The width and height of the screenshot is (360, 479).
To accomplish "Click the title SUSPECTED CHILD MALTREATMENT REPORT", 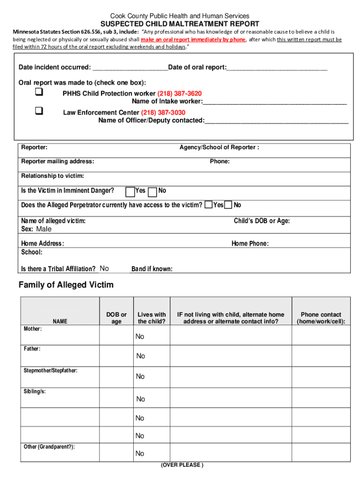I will tap(180, 24).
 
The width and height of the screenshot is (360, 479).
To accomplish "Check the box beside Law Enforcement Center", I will tap(39, 111).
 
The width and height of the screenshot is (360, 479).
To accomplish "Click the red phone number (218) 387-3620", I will tap(180, 94).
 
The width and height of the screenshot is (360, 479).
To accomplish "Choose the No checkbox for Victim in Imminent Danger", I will tap(152, 191).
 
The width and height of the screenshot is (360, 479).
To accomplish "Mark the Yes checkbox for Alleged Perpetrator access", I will tap(208, 205).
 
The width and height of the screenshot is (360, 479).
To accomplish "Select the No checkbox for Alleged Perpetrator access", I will tap(228, 205).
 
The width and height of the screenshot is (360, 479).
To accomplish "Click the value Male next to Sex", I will tap(44, 229).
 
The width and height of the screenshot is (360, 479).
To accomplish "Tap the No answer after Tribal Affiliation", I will tap(104, 269).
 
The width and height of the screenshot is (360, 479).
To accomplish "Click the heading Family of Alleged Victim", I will tap(66, 285).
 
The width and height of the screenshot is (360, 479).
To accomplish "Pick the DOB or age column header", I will tap(116, 318).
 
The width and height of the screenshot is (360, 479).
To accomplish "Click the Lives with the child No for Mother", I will tap(140, 337).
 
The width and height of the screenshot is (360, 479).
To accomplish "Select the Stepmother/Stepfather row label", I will tap(51, 371).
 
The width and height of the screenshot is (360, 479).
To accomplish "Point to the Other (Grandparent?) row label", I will tap(49, 447).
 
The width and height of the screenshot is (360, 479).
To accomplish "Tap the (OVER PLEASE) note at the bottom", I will tap(182, 465).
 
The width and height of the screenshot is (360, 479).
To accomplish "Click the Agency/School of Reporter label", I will tap(219, 147).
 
